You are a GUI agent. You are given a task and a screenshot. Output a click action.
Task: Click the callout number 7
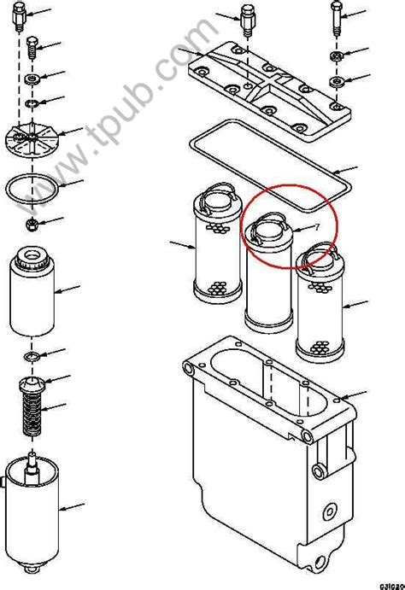click(x=315, y=227)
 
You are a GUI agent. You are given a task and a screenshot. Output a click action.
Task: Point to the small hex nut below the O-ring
click(x=30, y=225)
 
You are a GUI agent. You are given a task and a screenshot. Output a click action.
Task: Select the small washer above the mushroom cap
click(x=31, y=354)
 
